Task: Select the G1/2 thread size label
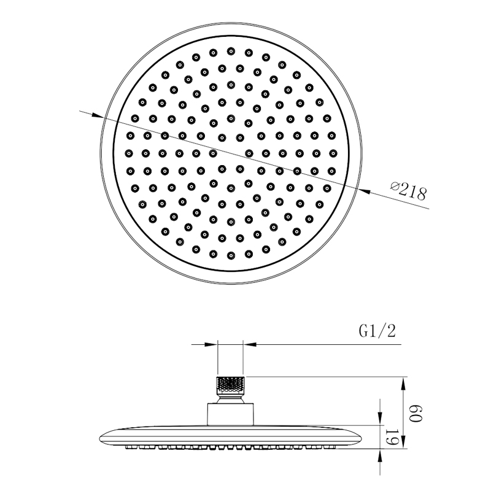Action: pyautogui.click(x=377, y=332)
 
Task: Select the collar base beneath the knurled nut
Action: pyautogui.click(x=231, y=413)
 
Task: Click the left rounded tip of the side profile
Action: pyautogui.click(x=102, y=437)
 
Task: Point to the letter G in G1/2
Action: pyautogui.click(x=363, y=332)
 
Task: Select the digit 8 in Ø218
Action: pyautogui.click(x=421, y=195)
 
